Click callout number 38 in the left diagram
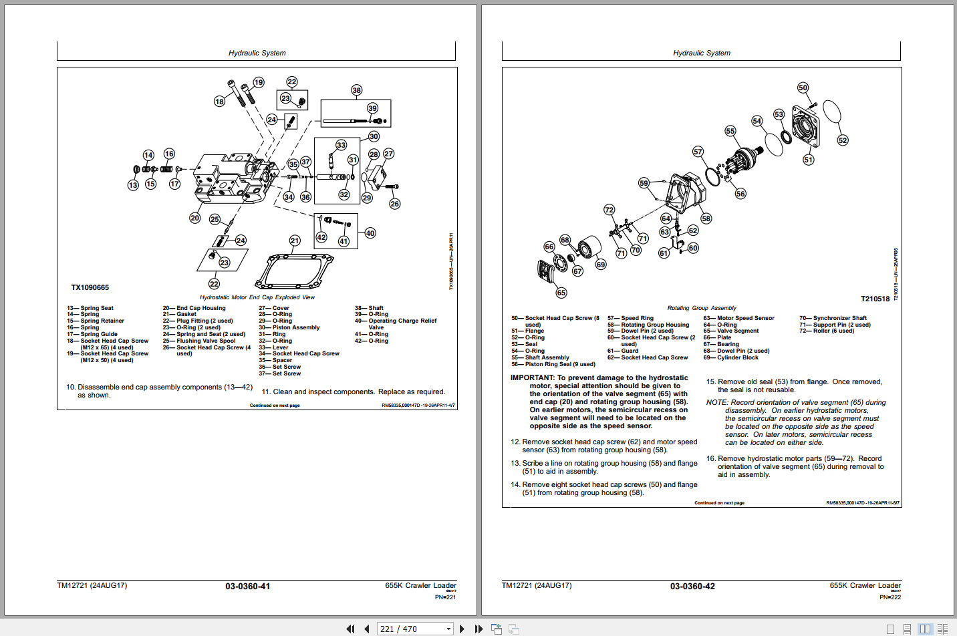[356, 90]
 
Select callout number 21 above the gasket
[295, 241]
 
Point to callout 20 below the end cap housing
[194, 218]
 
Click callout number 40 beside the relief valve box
[370, 233]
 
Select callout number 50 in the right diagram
[803, 88]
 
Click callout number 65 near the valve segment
[561, 293]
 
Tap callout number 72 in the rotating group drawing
[609, 210]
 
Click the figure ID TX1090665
[90, 288]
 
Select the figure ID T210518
[875, 299]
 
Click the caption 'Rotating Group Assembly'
[702, 308]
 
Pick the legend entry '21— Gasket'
[180, 315]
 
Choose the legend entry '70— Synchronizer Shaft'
[833, 318]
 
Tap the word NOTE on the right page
[716, 403]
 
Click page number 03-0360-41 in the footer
[247, 587]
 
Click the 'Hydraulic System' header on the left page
[257, 53]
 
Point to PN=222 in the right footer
[890, 597]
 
